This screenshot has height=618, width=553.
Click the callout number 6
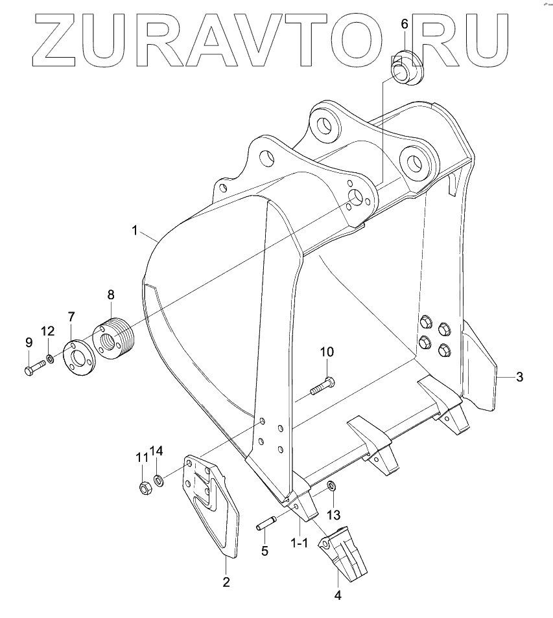[x=405, y=24]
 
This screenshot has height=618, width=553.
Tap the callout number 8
[x=111, y=294]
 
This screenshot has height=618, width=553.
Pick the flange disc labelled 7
[x=79, y=358]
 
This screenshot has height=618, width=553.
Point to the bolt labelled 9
[x=34, y=369]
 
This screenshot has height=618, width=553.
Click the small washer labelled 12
[x=50, y=359]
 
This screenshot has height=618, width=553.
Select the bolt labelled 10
[x=322, y=386]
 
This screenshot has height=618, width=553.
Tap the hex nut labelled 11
[x=146, y=488]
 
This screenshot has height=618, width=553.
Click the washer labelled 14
[x=159, y=481]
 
